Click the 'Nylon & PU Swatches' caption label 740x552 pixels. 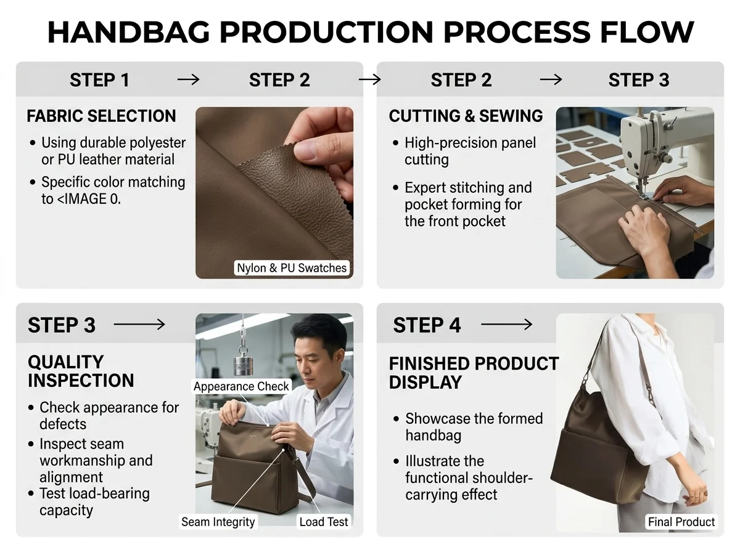pyautogui.click(x=292, y=268)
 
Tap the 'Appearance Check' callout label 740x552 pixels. pyautogui.click(x=241, y=386)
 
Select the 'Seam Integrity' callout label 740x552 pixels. pyautogui.click(x=218, y=522)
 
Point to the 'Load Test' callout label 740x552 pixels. pyautogui.click(x=323, y=522)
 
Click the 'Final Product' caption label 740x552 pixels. pyautogui.click(x=681, y=522)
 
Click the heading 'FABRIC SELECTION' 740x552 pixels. pyautogui.click(x=101, y=116)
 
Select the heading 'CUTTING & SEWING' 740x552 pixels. pyautogui.click(x=466, y=116)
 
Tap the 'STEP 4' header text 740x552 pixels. pyautogui.click(x=427, y=325)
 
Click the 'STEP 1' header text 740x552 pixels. pyautogui.click(x=99, y=80)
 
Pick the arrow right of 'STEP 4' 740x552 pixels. pyautogui.click(x=507, y=325)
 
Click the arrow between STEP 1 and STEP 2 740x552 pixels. pyautogui.click(x=189, y=80)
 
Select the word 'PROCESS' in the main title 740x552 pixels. pyautogui.click(x=517, y=33)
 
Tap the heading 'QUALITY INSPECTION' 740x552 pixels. pyautogui.click(x=81, y=371)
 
